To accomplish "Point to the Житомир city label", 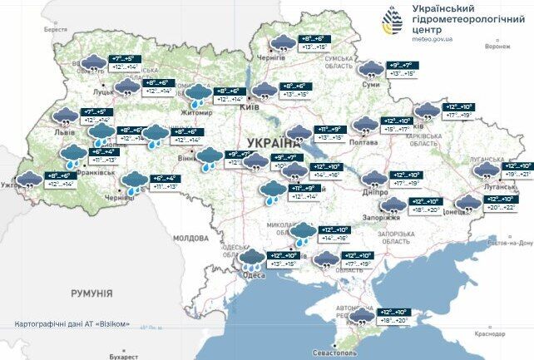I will [x=196, y=112].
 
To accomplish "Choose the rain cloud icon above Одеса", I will [x=250, y=262].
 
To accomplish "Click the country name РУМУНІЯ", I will [x=91, y=293].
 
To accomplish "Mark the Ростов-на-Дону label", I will [x=509, y=242].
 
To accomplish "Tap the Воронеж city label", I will [x=497, y=47].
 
